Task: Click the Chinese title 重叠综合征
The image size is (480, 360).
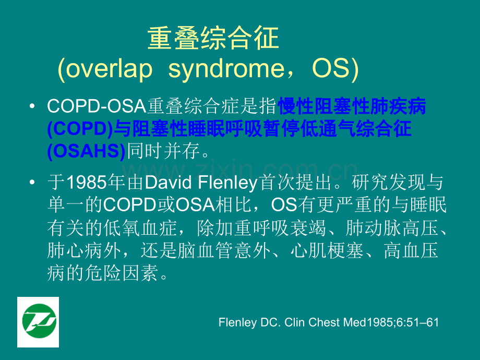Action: click(213, 38)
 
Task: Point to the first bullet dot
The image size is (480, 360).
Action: click(32, 106)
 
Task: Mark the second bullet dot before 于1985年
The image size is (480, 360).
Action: click(32, 182)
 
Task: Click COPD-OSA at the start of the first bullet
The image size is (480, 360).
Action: click(97, 106)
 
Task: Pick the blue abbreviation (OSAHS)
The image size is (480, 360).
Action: click(86, 151)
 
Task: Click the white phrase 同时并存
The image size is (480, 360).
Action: click(163, 151)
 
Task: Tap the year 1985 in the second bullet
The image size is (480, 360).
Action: click(86, 183)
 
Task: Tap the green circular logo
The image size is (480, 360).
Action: click(39, 321)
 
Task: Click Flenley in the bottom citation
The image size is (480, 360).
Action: click(237, 322)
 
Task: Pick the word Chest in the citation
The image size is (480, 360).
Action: click(324, 322)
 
